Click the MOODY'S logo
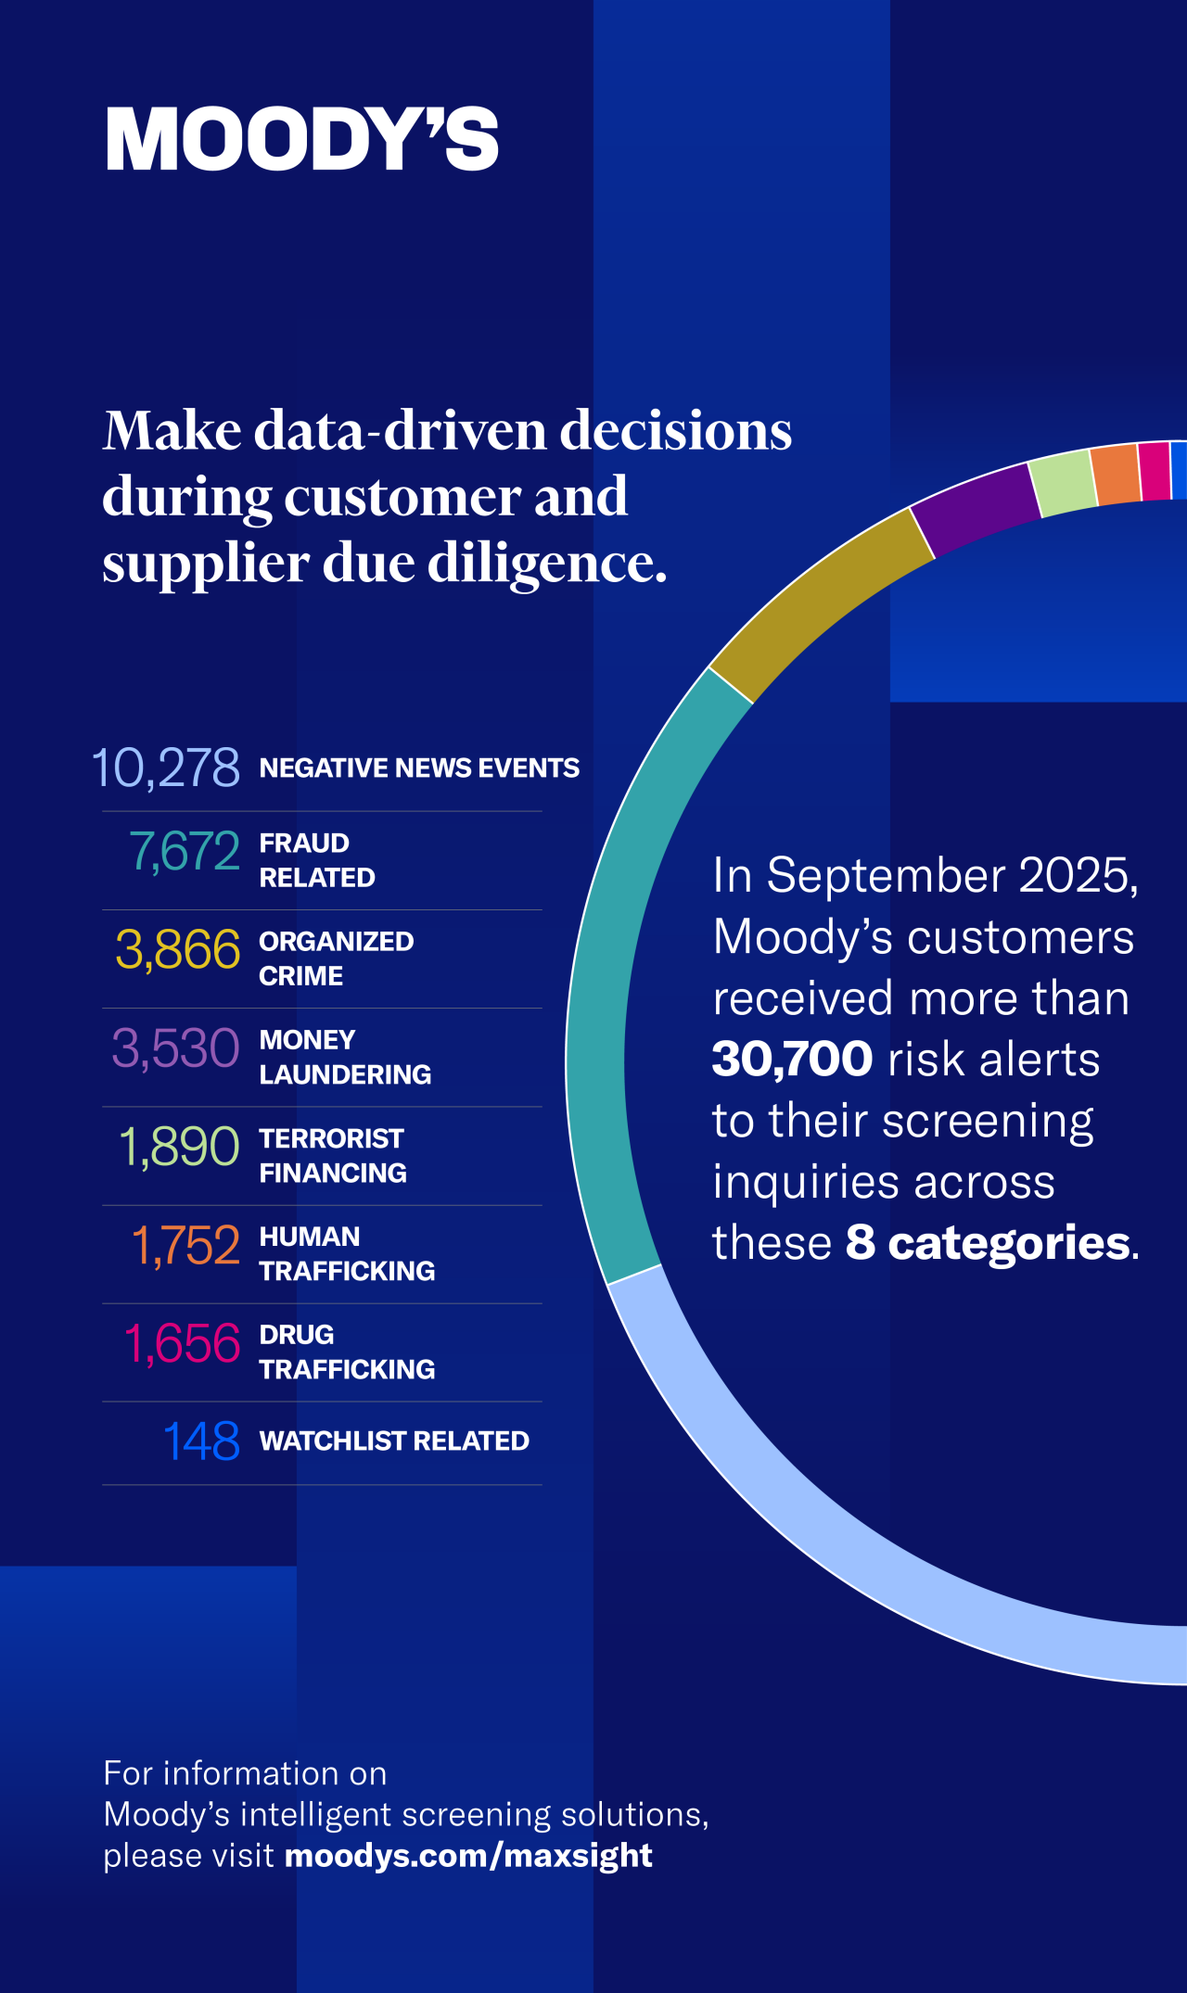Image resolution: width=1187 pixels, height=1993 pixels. [302, 139]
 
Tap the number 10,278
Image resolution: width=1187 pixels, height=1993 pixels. [167, 768]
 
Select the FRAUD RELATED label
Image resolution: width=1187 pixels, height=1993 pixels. [316, 860]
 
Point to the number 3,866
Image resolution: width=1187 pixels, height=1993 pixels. [178, 950]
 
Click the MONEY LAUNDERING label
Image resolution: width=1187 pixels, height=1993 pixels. [344, 1057]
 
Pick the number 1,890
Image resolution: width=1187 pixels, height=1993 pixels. [180, 1147]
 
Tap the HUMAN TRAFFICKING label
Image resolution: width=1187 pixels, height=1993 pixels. [346, 1253]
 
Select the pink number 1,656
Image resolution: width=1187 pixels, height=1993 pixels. [183, 1343]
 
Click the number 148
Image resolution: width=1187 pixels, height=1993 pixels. [201, 1441]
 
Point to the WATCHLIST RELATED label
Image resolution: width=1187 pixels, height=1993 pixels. [394, 1441]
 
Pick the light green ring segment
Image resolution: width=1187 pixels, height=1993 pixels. [1065, 482]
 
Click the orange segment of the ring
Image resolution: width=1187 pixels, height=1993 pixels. [1116, 474]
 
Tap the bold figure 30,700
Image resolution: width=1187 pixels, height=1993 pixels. [792, 1059]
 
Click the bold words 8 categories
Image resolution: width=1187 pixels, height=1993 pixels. [989, 1242]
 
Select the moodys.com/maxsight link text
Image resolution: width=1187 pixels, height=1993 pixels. [468, 1855]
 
